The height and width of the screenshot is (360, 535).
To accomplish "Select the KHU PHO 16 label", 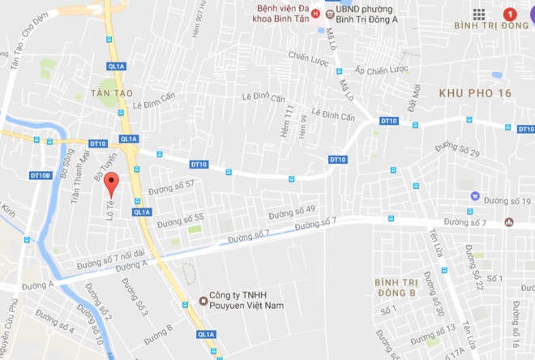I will (x=474, y=94).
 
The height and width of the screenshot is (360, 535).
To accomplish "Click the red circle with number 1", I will (x=510, y=14).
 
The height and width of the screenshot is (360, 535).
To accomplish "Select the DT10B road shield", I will (x=41, y=175).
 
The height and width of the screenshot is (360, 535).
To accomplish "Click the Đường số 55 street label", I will (x=180, y=219).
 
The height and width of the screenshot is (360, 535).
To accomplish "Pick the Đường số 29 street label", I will (x=457, y=149).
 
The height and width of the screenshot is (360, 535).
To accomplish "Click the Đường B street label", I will (x=158, y=330).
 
